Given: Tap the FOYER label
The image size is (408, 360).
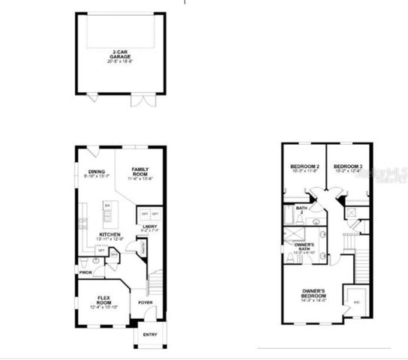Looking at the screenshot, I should click(144, 303).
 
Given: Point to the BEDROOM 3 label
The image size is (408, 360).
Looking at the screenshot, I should click(347, 166).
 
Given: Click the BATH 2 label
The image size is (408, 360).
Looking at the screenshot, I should click(301, 210).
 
